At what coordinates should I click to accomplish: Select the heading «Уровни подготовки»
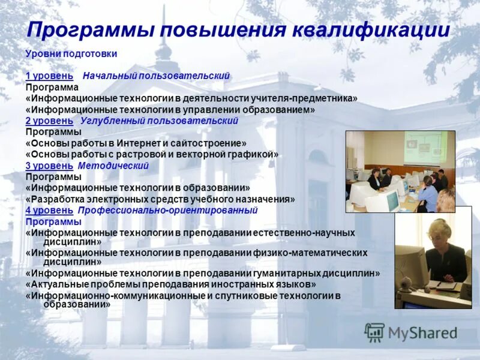point(71,53)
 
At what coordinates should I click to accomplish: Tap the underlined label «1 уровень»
point(49,76)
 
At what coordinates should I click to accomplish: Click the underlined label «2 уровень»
point(49,121)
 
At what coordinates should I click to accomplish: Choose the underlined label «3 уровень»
point(49,166)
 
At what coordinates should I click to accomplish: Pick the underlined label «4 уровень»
point(49,211)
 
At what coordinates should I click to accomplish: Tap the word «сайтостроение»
point(214,143)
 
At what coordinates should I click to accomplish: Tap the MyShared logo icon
point(374,332)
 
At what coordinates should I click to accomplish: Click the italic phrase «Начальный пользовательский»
point(157,76)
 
